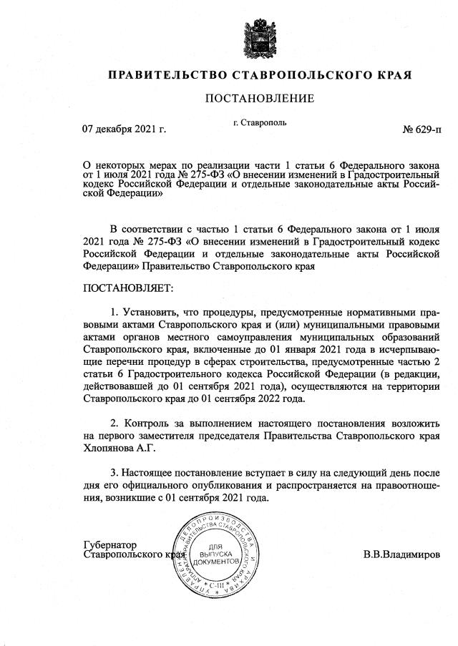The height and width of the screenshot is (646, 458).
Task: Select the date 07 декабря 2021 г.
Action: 125,130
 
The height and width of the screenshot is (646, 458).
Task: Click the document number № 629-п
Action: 422,130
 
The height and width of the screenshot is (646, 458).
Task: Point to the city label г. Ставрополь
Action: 260,122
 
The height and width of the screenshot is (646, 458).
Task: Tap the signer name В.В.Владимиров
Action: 402,554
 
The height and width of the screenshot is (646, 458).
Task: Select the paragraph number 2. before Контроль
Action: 115,420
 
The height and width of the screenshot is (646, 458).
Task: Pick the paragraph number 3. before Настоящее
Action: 115,474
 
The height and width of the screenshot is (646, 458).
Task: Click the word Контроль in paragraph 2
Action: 147,420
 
